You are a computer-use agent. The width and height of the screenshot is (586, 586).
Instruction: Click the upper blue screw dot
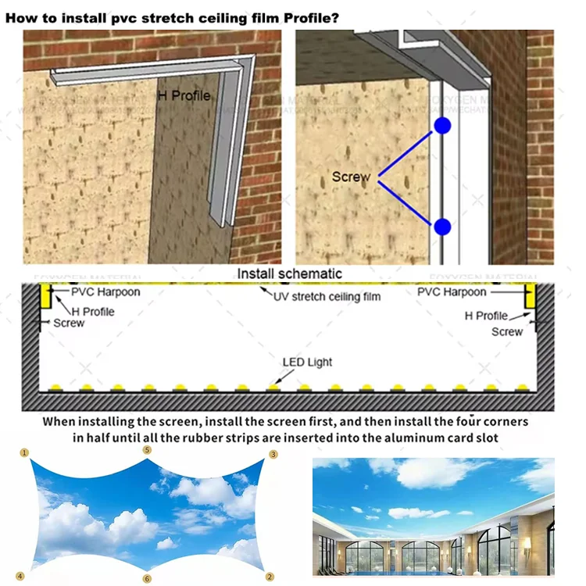point(443,126)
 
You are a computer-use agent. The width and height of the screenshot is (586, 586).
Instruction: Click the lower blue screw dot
point(443,227)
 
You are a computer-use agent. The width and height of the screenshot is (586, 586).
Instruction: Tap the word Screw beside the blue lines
point(351,177)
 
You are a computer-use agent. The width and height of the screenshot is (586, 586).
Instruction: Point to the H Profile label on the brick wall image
point(184,95)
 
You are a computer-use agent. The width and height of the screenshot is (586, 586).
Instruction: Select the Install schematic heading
point(290,273)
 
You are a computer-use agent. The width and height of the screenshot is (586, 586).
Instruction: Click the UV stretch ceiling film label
point(327,297)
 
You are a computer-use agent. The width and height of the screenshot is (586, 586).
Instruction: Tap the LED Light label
point(307,362)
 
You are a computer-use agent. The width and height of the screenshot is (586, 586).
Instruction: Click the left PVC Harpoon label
point(105,292)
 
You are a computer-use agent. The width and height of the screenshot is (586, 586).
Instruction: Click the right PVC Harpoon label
point(452,292)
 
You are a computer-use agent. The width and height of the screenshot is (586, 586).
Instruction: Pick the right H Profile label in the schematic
point(486,316)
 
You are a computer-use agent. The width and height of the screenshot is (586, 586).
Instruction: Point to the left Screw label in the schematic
point(69,323)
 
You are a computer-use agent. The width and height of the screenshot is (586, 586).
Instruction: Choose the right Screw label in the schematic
point(507,331)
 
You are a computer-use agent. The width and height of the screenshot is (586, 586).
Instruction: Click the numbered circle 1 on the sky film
point(24,452)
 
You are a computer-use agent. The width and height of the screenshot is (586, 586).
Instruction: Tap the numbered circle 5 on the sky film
point(147,450)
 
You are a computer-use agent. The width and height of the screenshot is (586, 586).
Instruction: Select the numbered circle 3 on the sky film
point(273,454)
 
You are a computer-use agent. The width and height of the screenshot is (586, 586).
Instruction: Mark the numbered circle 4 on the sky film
point(20,577)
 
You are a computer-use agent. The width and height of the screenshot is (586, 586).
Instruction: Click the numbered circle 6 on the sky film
point(147,579)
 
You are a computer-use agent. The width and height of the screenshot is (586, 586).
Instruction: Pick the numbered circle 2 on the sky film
point(270,577)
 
